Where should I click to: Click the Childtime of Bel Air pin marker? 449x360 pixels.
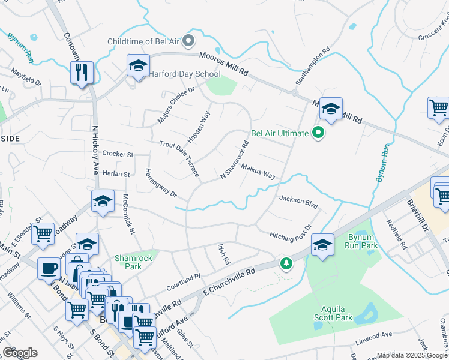point(189,41)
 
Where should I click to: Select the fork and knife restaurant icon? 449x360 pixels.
point(80,72)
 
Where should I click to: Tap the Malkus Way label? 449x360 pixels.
point(258,172)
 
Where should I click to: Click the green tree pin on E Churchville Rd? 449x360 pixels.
point(286,263)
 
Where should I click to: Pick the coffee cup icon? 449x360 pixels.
point(49,268)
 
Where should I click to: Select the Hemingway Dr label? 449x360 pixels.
point(160,184)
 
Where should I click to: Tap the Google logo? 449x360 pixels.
point(20,353)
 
